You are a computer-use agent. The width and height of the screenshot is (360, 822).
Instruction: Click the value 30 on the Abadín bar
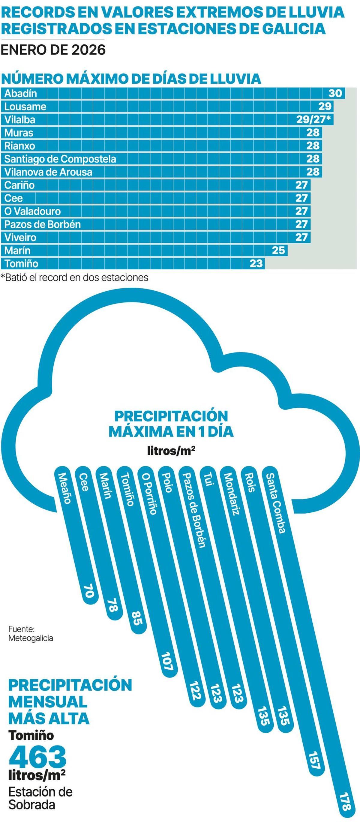(335, 94)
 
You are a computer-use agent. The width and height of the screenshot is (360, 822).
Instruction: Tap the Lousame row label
(25, 106)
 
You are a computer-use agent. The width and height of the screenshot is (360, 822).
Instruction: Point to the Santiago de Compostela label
(60, 159)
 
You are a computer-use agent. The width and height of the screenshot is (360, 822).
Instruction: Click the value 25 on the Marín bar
(278, 250)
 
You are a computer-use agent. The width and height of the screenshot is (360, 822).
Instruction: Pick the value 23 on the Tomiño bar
(256, 264)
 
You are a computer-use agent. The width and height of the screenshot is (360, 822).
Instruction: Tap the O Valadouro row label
(32, 211)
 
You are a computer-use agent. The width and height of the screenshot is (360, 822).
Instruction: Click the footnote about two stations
(75, 277)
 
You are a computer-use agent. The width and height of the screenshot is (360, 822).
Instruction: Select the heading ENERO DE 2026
(53, 50)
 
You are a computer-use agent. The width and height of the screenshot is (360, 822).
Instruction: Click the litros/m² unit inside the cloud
(171, 451)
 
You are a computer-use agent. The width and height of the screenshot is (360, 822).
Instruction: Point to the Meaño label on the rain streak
(64, 488)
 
